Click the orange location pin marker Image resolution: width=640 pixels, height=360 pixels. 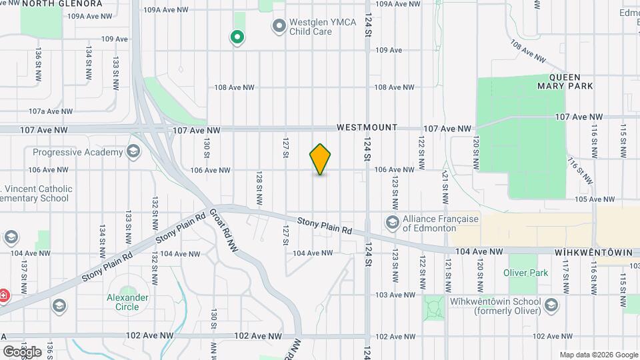pos(320,159)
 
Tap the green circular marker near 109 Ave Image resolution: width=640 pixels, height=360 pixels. pos(236,37)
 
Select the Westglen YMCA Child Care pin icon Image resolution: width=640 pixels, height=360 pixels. pos(279,27)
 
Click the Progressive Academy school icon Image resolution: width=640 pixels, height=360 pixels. pos(133,152)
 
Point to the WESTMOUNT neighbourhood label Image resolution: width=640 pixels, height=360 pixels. pos(367,127)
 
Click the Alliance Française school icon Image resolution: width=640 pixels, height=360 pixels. pos(392,222)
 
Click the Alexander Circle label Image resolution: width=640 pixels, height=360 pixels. pos(123,302)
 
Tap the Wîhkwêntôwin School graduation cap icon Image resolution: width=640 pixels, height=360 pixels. pos(551,305)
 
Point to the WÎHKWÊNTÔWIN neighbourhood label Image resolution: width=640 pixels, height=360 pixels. pos(589,253)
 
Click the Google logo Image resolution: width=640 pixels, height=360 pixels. pos(22,351)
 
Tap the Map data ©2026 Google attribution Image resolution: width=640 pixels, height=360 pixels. pos(599,355)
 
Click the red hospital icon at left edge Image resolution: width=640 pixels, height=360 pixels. pos(3,294)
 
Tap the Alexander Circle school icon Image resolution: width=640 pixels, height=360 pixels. pos(59,305)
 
